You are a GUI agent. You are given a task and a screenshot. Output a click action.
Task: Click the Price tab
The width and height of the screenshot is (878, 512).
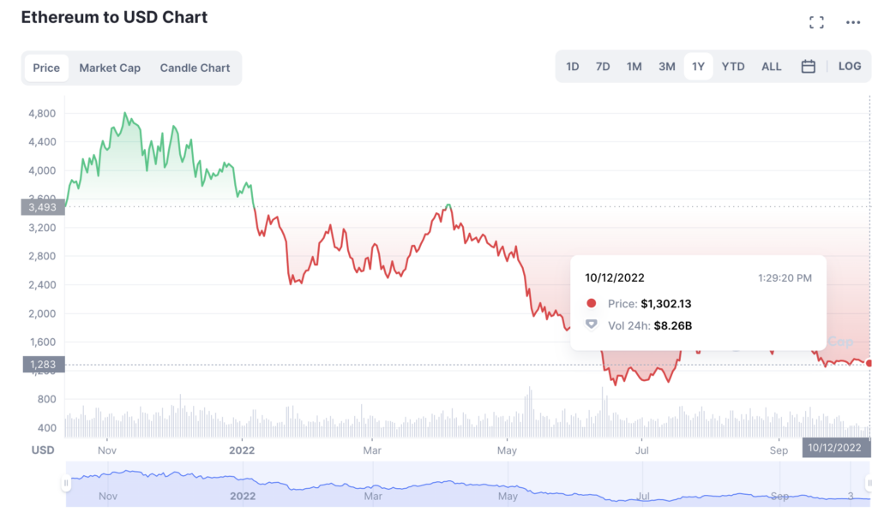click(46, 68)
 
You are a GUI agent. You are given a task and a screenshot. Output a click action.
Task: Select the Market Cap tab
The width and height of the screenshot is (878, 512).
click(110, 68)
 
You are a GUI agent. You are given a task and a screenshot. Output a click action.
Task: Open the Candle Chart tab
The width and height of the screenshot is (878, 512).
click(195, 68)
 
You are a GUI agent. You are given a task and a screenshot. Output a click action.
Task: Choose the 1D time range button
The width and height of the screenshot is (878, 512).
click(573, 66)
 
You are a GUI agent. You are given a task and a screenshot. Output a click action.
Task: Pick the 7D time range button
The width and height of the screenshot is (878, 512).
click(603, 66)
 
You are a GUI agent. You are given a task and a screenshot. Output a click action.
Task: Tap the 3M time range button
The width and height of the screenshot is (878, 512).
click(667, 66)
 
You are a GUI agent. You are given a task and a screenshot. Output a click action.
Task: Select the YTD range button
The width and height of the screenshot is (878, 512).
click(733, 66)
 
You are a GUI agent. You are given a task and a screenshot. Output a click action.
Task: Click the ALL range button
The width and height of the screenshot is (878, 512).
click(772, 66)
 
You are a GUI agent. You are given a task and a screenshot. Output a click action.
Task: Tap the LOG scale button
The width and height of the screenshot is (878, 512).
click(850, 66)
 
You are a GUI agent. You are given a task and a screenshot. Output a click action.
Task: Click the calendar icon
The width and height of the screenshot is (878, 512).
click(808, 66)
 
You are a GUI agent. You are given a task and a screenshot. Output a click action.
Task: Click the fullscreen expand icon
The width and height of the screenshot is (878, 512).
click(816, 23)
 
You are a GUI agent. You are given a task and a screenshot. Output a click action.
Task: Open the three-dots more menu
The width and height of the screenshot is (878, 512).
click(852, 23)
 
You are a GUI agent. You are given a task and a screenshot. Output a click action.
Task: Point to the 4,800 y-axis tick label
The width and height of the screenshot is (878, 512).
click(42, 113)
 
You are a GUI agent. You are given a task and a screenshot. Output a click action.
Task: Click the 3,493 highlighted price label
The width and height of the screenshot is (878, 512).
click(42, 206)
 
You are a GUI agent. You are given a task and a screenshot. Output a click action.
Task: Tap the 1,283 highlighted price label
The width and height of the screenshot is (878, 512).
click(42, 365)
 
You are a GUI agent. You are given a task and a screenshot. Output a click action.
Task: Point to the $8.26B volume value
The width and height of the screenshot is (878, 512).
click(673, 325)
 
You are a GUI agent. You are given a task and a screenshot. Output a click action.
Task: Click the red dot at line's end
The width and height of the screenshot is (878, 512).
click(869, 363)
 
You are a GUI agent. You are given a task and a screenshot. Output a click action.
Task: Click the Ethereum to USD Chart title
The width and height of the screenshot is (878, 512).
click(114, 17)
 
